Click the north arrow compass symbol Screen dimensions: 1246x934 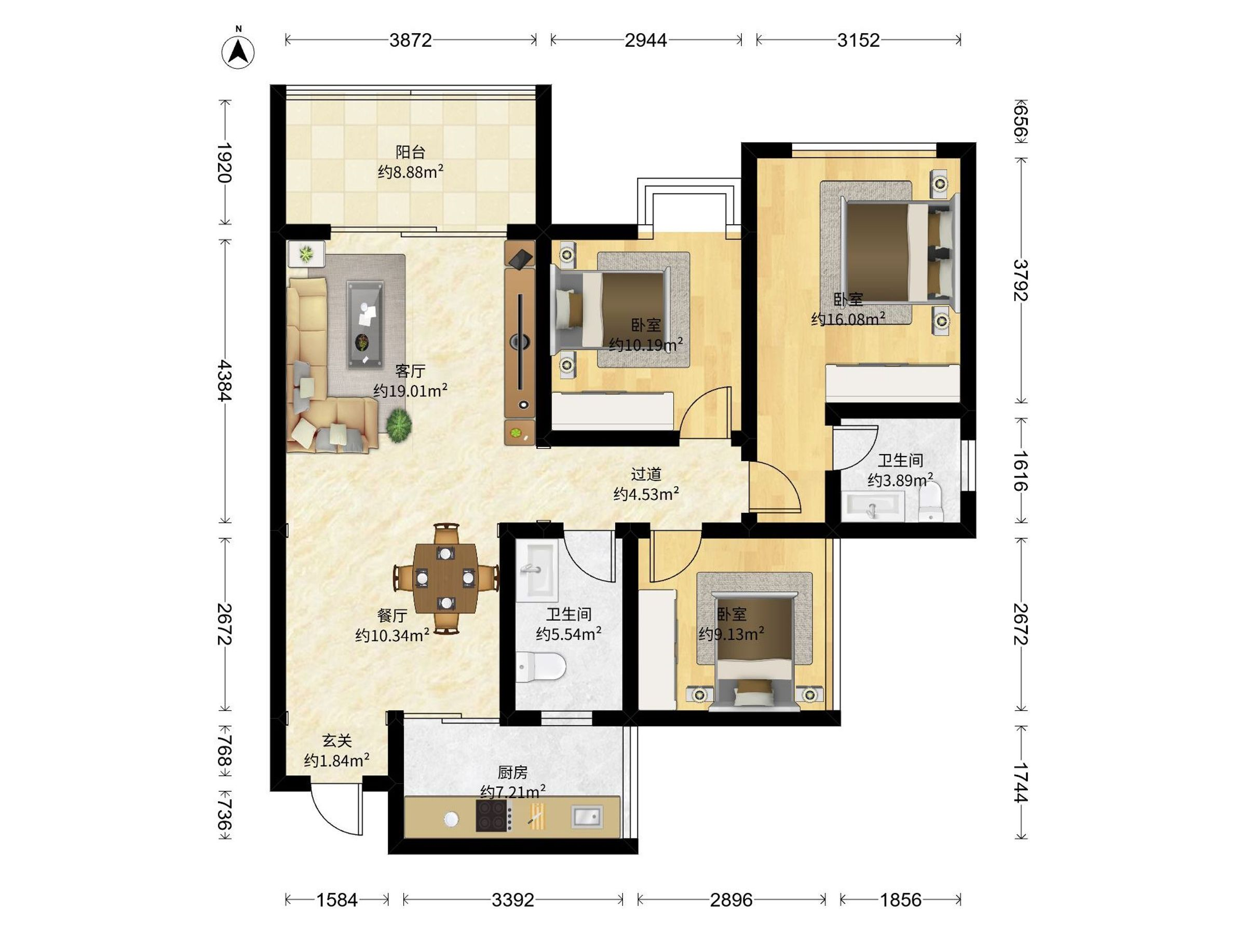238,52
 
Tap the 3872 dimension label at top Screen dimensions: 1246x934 411,40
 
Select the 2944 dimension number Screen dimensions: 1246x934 645,40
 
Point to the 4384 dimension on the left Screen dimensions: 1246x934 225,381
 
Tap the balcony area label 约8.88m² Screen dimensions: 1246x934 411,172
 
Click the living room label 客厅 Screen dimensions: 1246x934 410,372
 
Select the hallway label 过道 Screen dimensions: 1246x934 645,474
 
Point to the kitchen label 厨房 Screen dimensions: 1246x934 512,773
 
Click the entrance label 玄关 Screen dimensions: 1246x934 337,740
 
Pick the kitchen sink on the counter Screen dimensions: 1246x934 587,816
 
